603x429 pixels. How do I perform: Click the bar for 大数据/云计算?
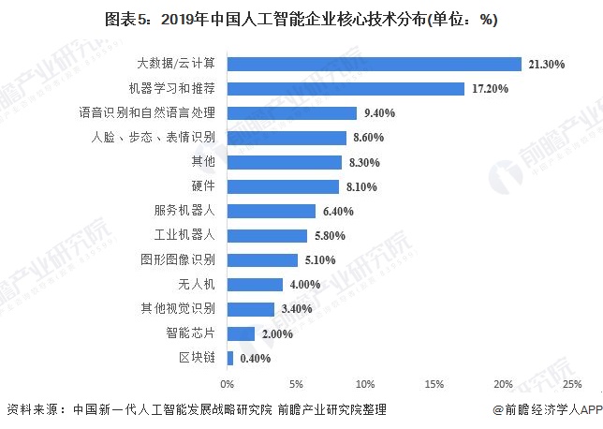[x=374, y=64]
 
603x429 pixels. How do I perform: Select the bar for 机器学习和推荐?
[x=346, y=89]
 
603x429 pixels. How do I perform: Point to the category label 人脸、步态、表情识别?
[x=154, y=138]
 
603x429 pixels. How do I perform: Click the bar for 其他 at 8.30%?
[x=284, y=162]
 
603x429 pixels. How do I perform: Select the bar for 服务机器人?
[x=271, y=211]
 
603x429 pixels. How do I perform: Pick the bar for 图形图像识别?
[x=262, y=259]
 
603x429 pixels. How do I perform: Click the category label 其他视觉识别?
[x=179, y=308]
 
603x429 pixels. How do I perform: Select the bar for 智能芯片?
[x=241, y=333]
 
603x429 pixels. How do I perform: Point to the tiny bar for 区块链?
[x=229, y=357]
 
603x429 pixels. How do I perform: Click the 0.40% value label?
[x=256, y=358]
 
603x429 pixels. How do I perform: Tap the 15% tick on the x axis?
[x=434, y=384]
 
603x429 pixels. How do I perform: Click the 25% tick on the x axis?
[x=571, y=384]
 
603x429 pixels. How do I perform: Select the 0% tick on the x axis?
[x=227, y=384]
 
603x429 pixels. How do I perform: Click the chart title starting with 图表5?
[x=301, y=19]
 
